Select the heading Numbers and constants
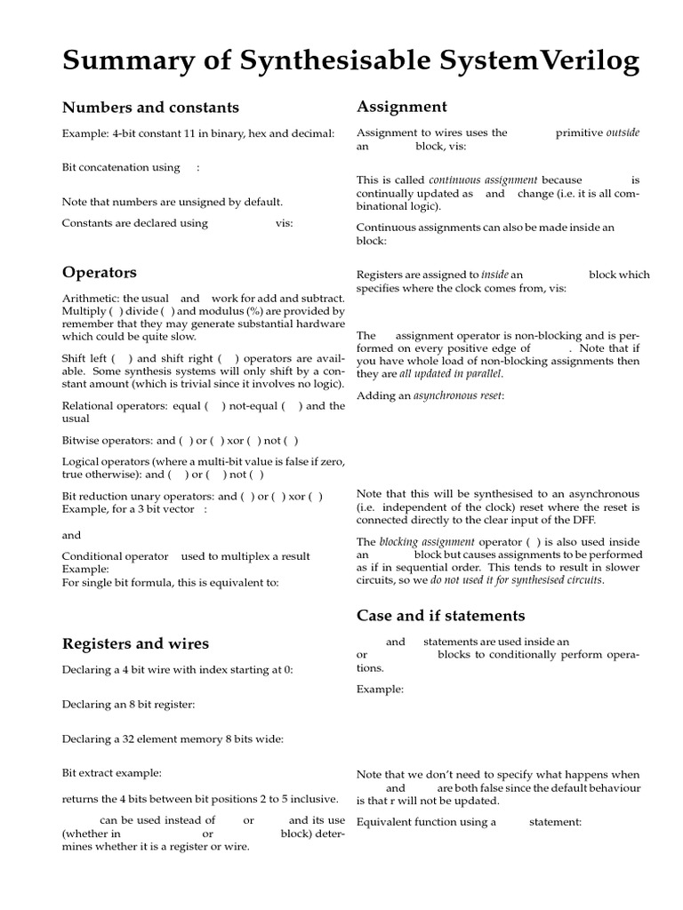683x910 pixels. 150,108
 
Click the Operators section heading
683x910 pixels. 99,272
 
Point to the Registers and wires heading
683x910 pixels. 135,643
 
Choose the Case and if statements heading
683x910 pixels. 440,615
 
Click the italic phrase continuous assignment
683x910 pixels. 483,180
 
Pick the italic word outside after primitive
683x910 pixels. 623,132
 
